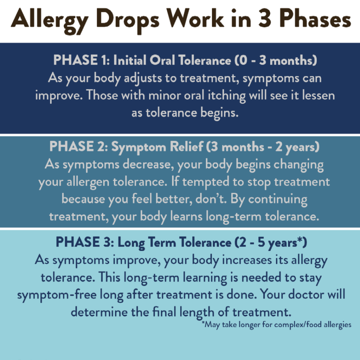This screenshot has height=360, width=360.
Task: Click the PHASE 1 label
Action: [81, 60]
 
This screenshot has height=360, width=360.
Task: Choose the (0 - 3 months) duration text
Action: [276, 60]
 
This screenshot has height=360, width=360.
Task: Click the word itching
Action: [227, 96]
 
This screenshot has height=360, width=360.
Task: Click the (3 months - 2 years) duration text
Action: [263, 147]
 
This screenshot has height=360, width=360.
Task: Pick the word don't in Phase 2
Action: [211, 199]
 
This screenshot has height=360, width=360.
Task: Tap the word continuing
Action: [278, 199]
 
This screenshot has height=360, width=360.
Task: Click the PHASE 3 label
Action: [85, 242]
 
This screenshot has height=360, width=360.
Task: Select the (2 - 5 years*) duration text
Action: [271, 243]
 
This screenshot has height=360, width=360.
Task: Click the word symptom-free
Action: [57, 295]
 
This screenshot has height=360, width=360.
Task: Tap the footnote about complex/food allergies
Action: [276, 325]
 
